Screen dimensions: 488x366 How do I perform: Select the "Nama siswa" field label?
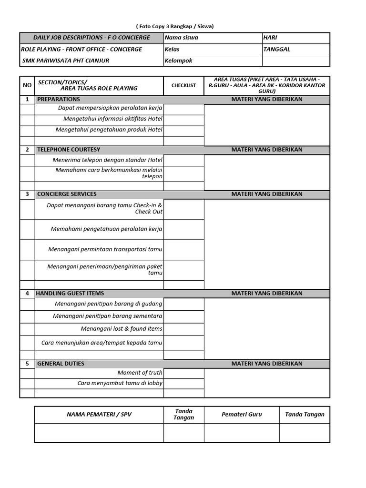click(x=181, y=38)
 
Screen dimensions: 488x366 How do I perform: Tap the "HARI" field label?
click(x=270, y=38)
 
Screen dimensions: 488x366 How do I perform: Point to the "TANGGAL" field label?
click(x=276, y=49)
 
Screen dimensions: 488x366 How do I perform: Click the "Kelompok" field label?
click(x=178, y=61)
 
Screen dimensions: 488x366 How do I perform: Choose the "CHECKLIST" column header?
click(x=183, y=85)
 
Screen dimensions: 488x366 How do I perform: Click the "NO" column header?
click(x=27, y=85)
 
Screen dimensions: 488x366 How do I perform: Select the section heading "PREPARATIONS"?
click(x=59, y=99)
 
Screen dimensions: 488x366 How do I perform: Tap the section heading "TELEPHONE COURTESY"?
click(x=69, y=150)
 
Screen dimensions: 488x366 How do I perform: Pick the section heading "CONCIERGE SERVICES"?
click(x=67, y=194)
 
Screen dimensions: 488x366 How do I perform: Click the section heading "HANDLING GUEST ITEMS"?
click(x=70, y=293)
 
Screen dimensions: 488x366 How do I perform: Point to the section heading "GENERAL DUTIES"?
click(x=61, y=364)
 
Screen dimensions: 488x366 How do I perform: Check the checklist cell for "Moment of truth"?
click(x=183, y=373)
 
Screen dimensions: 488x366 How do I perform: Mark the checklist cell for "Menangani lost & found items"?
click(x=183, y=329)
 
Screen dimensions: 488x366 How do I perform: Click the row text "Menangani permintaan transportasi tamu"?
click(x=105, y=249)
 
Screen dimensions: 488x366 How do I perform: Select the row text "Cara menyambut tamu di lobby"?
click(x=120, y=383)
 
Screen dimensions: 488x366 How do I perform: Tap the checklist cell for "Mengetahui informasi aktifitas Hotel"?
click(x=183, y=119)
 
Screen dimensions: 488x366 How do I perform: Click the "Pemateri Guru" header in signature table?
click(x=242, y=415)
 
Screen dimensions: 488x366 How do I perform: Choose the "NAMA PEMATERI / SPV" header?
click(x=99, y=415)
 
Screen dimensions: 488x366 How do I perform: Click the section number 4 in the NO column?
click(x=27, y=293)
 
